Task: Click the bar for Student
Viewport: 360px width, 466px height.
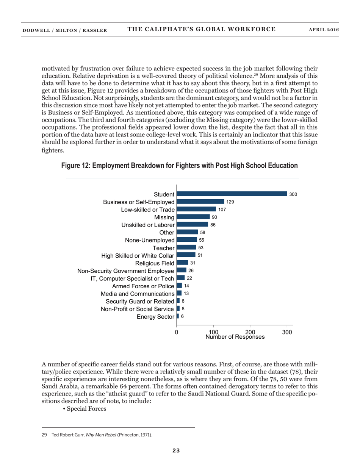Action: tap(232, 194)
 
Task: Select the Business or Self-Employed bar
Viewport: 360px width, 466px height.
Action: tap(200, 202)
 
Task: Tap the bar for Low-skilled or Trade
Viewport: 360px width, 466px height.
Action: tap(196, 209)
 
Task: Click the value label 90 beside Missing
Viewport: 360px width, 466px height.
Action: tap(214, 217)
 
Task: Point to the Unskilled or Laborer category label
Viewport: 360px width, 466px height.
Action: tap(148, 225)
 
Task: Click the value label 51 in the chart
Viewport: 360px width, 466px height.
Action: tap(200, 255)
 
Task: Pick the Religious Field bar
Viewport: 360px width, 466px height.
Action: tap(182, 263)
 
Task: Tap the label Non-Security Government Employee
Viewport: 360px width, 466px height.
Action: tap(126, 271)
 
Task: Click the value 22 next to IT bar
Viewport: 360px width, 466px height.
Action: tap(189, 278)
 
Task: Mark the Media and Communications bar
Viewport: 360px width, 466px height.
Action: tap(179, 293)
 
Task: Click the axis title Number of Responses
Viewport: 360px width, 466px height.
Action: tap(235, 337)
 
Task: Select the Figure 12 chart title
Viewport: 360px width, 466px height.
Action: tap(180, 166)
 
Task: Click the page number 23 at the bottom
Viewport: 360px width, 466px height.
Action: tap(176, 450)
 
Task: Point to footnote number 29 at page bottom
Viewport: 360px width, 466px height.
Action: tap(44, 435)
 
